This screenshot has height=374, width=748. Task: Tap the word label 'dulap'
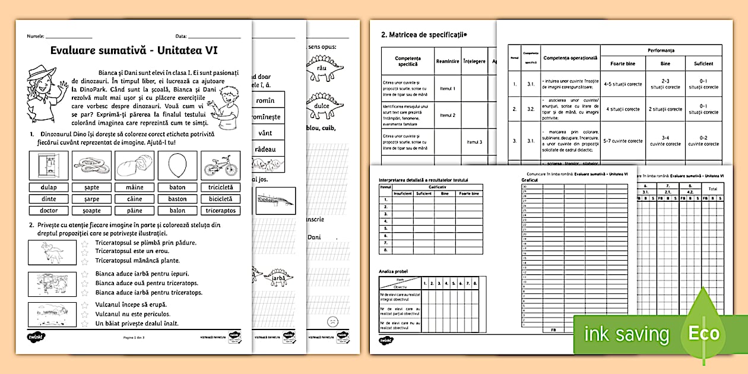point(49,187)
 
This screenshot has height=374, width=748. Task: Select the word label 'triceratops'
point(221,210)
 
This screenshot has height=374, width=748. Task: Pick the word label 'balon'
point(178,210)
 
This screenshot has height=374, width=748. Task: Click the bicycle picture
point(221,165)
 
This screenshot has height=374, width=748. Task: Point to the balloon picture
point(178,165)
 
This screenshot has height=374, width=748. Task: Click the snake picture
point(91,165)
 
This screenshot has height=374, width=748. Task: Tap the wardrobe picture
point(49,165)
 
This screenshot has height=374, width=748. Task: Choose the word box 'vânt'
point(265,133)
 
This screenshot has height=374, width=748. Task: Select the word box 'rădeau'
point(265,149)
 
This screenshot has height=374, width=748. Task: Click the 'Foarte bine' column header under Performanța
point(622,64)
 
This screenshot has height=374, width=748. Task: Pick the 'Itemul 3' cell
point(474,142)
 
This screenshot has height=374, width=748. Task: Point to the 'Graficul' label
point(530,179)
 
